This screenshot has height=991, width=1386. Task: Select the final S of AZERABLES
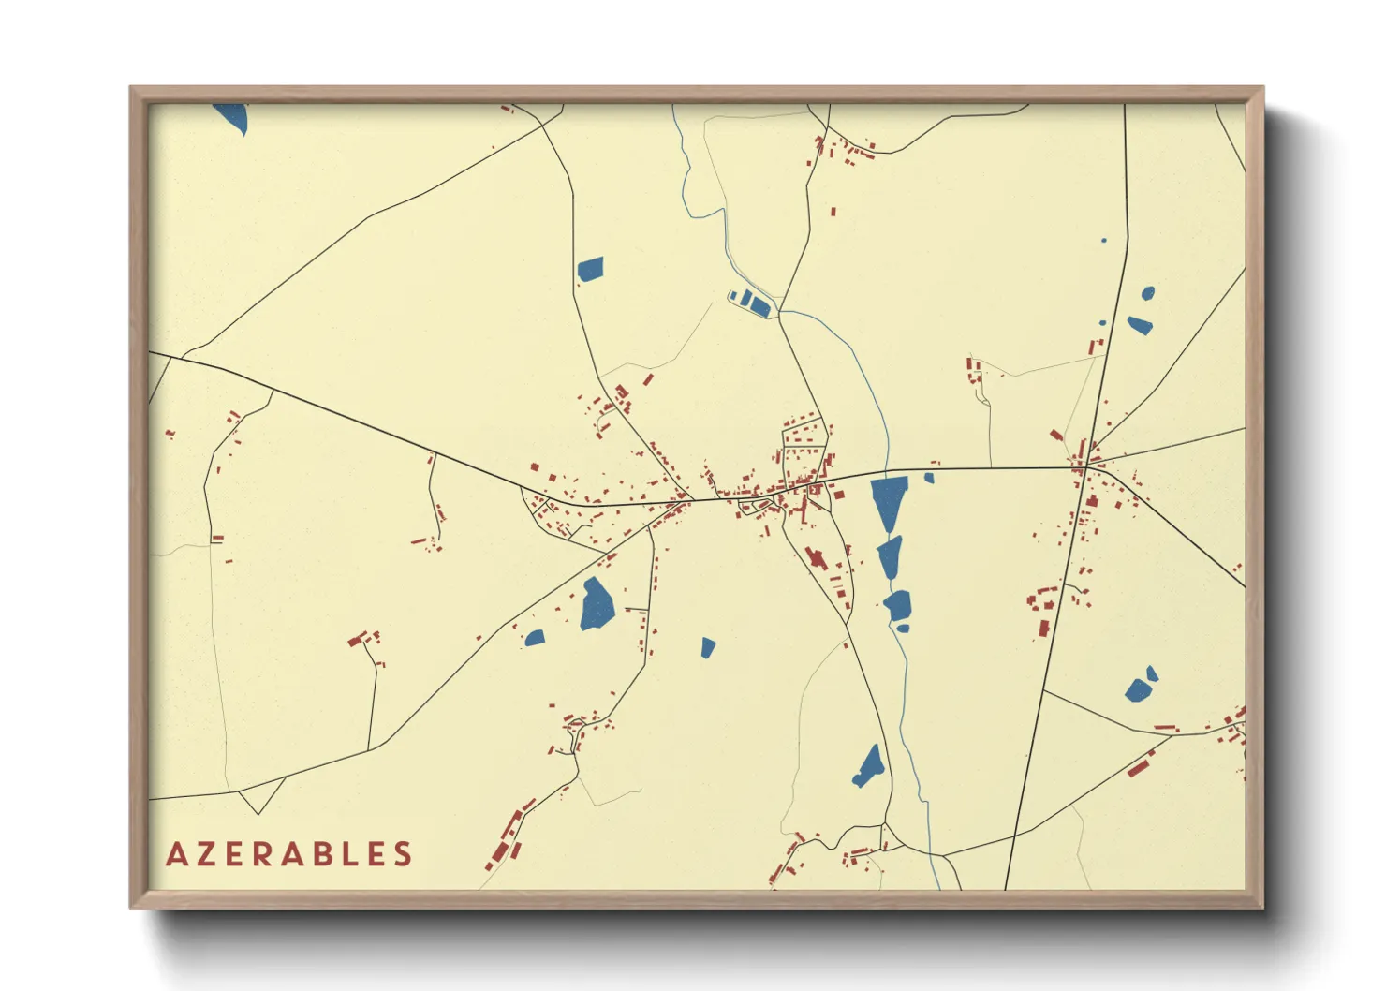pyautogui.click(x=403, y=854)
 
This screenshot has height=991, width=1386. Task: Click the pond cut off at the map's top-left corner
pyautogui.click(x=232, y=116)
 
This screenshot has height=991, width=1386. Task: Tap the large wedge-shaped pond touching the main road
pyautogui.click(x=888, y=500)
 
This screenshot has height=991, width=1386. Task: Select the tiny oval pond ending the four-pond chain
pyautogui.click(x=903, y=629)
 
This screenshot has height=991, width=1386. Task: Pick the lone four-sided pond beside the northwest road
pyautogui.click(x=590, y=269)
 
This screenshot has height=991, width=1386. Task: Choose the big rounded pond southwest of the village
pyautogui.click(x=596, y=604)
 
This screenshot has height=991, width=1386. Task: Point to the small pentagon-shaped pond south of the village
pyautogui.click(x=708, y=647)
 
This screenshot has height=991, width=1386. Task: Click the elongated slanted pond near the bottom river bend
pyautogui.click(x=869, y=766)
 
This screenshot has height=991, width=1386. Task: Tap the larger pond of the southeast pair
pyautogui.click(x=1138, y=690)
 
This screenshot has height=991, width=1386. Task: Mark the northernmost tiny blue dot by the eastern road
pyautogui.click(x=1103, y=241)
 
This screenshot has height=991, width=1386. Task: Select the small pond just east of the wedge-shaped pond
pyautogui.click(x=929, y=478)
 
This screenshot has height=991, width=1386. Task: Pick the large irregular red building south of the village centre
pyautogui.click(x=816, y=558)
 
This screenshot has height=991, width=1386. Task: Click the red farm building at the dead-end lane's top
pyautogui.click(x=357, y=641)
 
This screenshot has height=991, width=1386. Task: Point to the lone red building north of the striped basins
pyautogui.click(x=833, y=213)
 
